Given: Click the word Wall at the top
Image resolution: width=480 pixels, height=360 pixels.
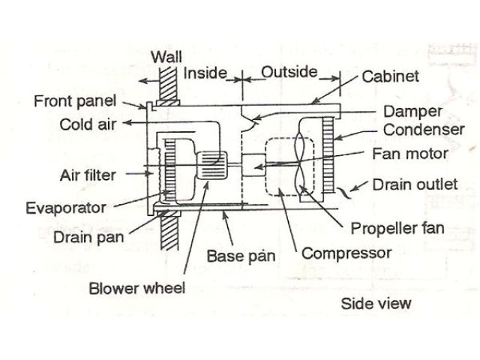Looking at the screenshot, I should pyautogui.click(x=166, y=56).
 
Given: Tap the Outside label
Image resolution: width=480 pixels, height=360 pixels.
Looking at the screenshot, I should pyautogui.click(x=289, y=73).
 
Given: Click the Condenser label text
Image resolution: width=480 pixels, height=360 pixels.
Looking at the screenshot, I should pyautogui.click(x=423, y=130).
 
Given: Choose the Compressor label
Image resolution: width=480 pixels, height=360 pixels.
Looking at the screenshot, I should pyautogui.click(x=346, y=253).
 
